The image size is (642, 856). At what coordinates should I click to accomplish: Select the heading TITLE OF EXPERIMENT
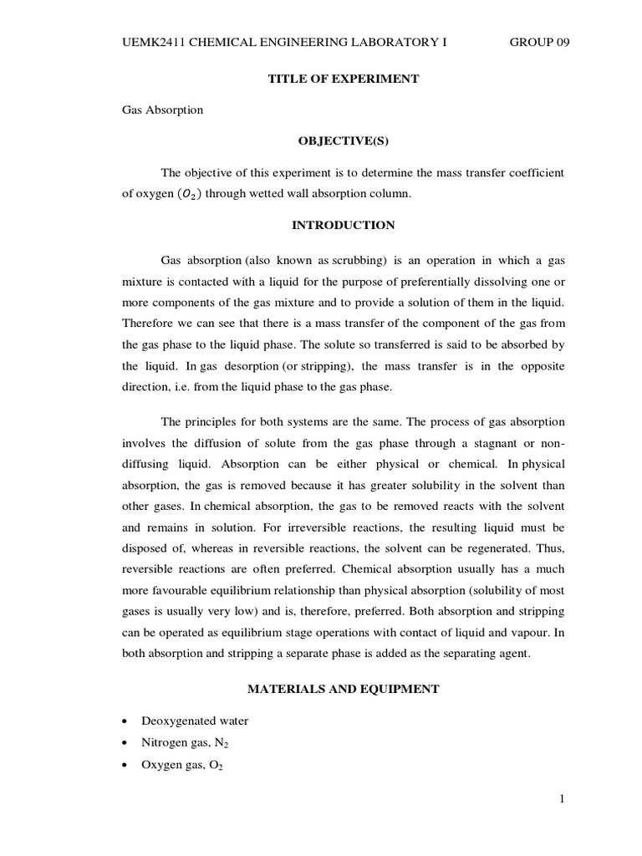(343, 79)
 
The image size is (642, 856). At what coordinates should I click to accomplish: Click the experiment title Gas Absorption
(162, 110)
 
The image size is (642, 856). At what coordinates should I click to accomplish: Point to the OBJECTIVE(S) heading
(343, 141)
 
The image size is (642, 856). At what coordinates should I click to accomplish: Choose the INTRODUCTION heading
(343, 225)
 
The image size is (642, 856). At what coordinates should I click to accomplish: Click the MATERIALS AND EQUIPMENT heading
(343, 689)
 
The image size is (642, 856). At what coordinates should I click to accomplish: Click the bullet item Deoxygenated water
(196, 721)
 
